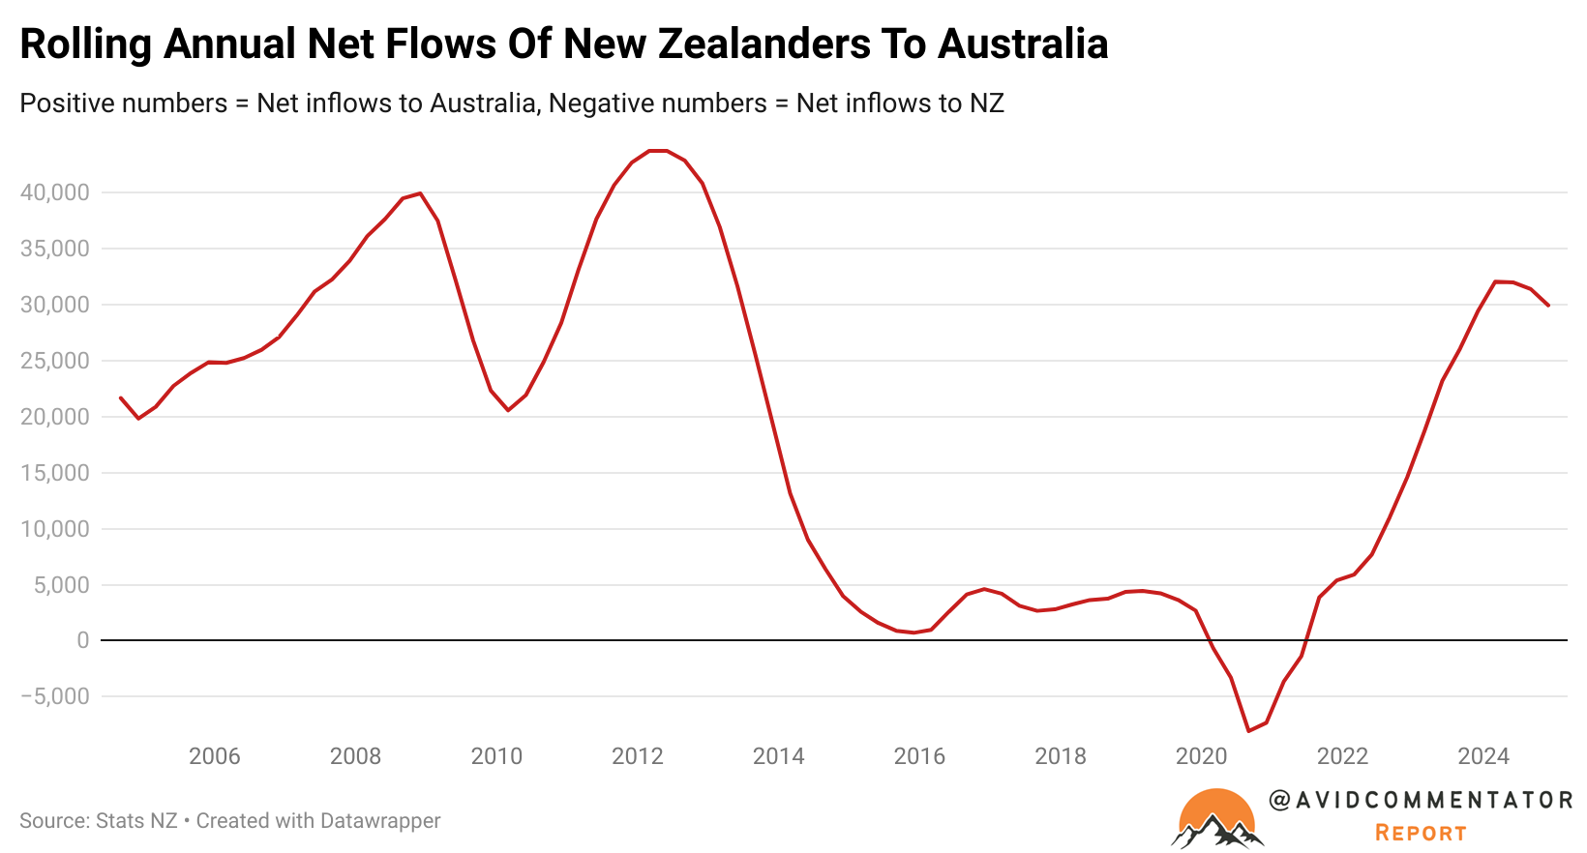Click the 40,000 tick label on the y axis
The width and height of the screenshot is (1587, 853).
click(x=54, y=192)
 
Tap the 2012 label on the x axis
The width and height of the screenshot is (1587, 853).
click(x=638, y=756)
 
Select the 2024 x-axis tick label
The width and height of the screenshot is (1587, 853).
click(x=1483, y=756)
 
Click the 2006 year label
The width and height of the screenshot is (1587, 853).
click(x=215, y=756)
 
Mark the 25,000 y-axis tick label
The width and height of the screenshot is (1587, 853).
click(x=54, y=361)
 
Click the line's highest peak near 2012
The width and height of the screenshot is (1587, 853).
click(x=657, y=151)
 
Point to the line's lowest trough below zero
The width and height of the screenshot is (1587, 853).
click(x=1248, y=730)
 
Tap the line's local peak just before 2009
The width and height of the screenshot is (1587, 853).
click(x=419, y=193)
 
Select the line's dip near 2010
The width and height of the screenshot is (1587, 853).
click(x=508, y=410)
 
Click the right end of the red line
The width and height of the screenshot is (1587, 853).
click(x=1548, y=306)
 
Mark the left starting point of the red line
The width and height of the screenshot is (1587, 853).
click(x=121, y=397)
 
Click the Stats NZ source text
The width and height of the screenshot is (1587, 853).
click(x=136, y=821)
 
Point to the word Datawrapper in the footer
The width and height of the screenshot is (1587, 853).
click(x=379, y=821)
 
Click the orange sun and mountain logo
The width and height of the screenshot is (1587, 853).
click(x=1217, y=818)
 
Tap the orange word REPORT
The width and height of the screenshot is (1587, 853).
click(x=1421, y=833)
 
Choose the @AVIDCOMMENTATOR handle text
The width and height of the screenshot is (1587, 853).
click(x=1421, y=800)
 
